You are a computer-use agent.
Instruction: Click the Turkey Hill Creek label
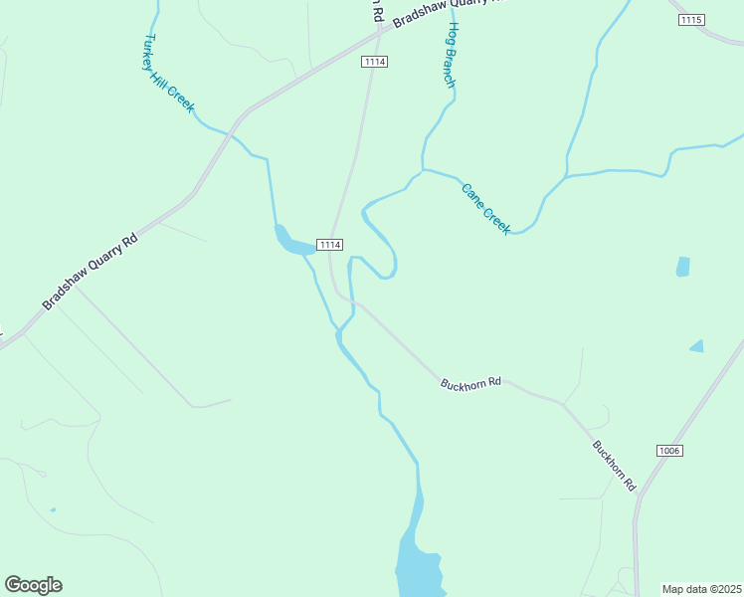point(168,75)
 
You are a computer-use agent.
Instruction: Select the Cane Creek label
point(485,208)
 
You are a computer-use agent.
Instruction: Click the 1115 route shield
point(690,20)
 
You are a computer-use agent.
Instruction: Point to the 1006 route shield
point(669,451)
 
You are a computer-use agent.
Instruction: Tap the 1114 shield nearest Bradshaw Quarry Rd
point(374,62)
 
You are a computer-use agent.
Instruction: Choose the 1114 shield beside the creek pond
point(330,245)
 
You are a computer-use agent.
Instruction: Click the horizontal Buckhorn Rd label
point(472,382)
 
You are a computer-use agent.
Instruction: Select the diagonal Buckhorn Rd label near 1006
point(614,466)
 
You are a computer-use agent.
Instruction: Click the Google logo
point(34,585)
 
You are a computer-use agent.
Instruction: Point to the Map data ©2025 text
point(702,589)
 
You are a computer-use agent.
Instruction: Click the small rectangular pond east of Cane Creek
point(682,267)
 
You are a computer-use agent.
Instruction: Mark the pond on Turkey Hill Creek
point(292,241)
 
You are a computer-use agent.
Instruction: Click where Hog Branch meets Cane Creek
point(423,170)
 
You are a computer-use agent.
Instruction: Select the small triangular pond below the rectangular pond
point(697,346)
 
